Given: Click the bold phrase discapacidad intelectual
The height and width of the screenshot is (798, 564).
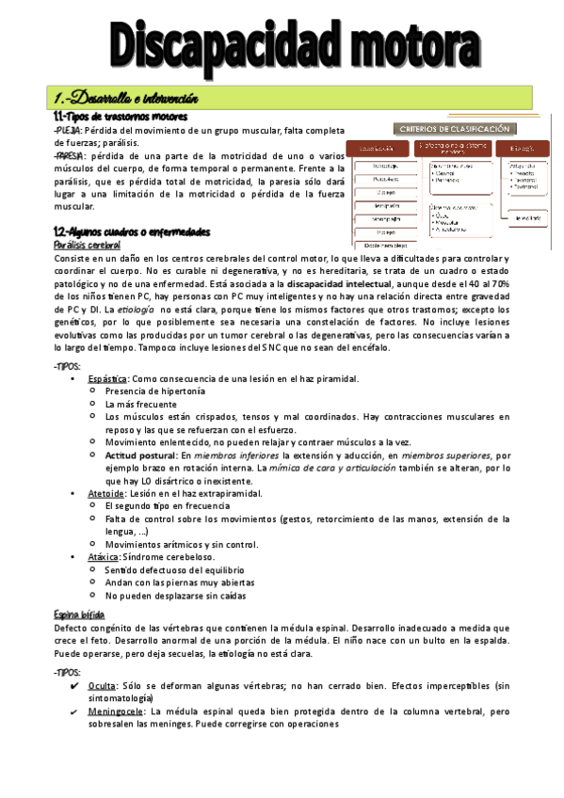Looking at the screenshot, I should point(346,283).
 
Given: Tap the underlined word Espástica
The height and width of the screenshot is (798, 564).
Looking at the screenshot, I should point(108,378).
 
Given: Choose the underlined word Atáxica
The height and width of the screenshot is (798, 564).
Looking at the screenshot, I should point(104,556).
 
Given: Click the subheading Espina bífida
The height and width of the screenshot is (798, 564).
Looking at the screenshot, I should point(78,614).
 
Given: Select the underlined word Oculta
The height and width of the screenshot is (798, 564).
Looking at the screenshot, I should point(101,686).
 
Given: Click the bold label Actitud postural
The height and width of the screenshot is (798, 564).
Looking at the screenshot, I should point(140,455).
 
